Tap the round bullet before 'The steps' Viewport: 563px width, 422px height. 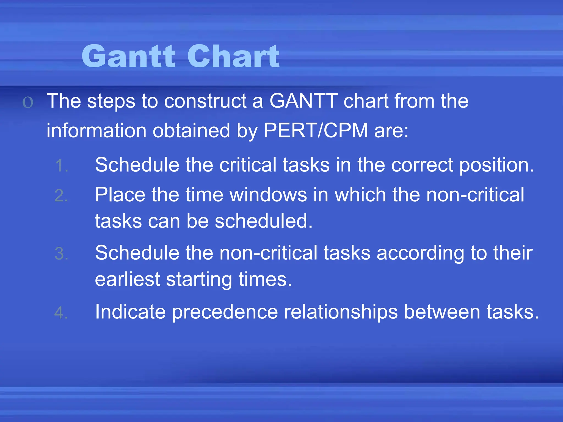28,102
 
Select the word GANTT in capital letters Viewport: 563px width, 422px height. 303,101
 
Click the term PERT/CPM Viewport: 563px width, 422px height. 316,130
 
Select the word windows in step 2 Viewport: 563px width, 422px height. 268,195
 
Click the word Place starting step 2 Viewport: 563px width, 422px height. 120,195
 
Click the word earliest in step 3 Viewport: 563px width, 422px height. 127,279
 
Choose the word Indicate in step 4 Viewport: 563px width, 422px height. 130,312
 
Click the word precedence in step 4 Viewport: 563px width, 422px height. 225,312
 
